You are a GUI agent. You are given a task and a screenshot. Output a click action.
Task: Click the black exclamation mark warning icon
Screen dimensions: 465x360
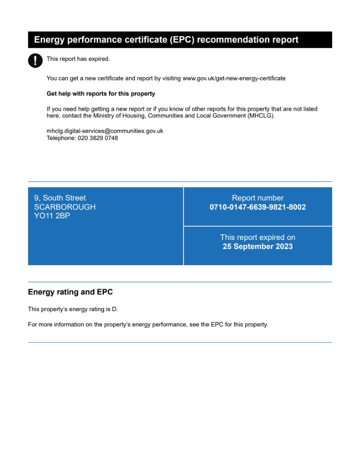click(x=35, y=60)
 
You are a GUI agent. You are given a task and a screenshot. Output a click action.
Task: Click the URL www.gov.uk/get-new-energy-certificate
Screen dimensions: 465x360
click(x=234, y=78)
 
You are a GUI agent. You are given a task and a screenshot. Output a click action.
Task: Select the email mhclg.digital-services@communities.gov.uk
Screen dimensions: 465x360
click(x=105, y=131)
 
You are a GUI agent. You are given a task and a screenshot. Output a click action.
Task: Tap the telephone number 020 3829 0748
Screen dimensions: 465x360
click(x=98, y=138)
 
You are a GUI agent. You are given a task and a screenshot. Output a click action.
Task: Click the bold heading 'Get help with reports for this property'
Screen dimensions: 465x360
click(x=101, y=94)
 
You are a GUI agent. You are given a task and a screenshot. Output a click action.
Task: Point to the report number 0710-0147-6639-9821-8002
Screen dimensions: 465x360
click(x=257, y=208)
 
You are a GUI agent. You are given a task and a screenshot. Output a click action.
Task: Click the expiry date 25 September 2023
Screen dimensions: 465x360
click(x=257, y=247)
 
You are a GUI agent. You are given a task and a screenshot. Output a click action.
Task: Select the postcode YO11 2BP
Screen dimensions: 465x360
click(x=52, y=216)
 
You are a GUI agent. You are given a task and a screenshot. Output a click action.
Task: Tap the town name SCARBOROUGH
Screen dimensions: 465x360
click(x=65, y=207)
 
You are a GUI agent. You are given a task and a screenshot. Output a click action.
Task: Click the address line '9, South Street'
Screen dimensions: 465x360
click(x=60, y=198)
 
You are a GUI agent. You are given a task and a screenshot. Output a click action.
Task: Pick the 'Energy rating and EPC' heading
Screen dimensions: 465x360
click(x=70, y=292)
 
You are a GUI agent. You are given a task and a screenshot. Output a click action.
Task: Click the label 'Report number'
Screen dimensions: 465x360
click(x=257, y=198)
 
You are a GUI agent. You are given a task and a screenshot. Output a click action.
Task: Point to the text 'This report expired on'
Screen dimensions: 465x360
click(x=257, y=237)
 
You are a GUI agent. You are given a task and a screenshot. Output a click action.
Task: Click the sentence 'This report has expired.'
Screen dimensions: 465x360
click(x=78, y=59)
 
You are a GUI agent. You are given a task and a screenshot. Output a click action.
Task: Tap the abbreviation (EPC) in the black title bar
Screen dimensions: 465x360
click(x=183, y=40)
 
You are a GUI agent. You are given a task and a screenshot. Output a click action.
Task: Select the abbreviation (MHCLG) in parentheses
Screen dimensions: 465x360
click(x=261, y=116)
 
